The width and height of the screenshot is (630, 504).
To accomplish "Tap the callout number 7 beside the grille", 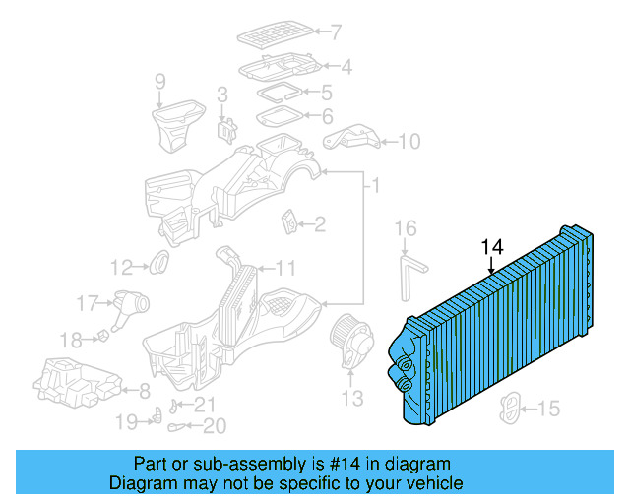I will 336,32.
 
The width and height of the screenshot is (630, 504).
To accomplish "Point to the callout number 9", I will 160,82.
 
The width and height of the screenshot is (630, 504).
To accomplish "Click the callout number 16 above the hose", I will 407,229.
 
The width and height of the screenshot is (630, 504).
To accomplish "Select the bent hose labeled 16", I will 408,276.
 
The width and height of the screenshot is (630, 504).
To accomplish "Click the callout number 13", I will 351,398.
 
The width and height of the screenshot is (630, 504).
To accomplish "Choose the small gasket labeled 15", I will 513,407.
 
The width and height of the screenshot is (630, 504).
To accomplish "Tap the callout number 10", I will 409,142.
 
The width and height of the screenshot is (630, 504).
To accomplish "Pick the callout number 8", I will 144,389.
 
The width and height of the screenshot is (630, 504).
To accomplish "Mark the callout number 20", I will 214,426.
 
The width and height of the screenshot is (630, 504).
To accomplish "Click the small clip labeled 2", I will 291,222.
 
